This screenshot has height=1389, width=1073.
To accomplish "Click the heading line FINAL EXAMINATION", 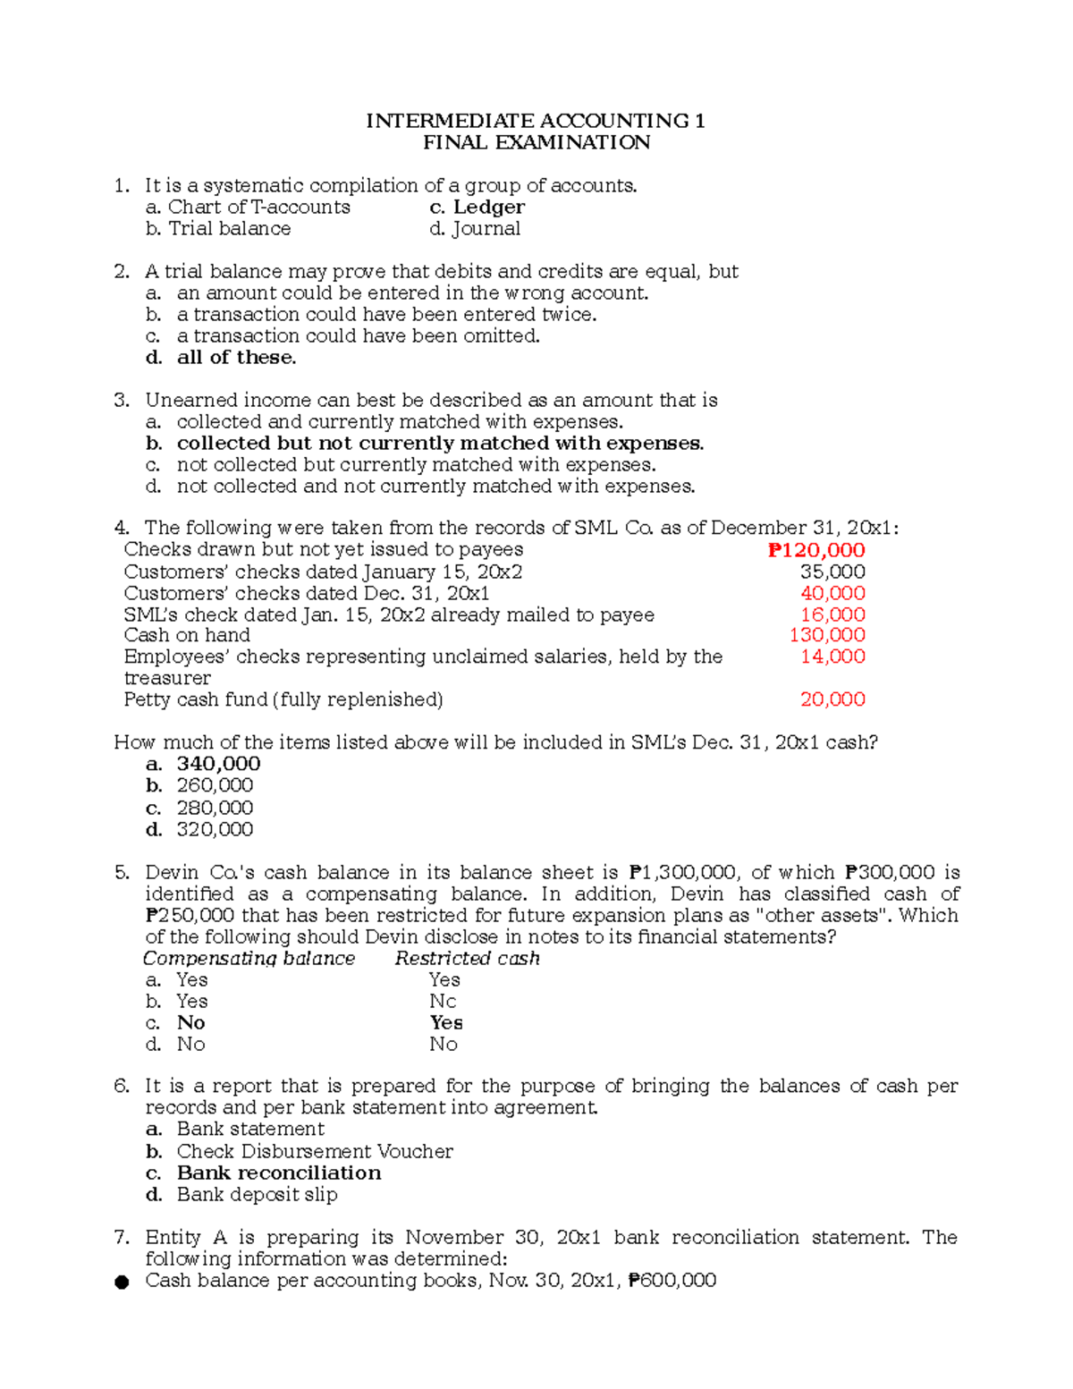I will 536,143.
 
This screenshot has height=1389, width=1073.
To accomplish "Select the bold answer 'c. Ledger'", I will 477,208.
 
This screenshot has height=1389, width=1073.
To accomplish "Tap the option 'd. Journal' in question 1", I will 474,229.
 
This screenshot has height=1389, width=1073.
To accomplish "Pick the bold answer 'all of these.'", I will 236,358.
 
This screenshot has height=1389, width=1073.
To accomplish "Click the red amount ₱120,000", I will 816,551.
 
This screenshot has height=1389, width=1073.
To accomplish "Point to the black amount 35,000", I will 832,572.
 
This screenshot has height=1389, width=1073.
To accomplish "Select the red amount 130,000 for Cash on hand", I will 827,635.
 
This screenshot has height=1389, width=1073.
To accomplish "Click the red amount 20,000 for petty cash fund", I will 832,699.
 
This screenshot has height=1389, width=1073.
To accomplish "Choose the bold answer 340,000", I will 218,764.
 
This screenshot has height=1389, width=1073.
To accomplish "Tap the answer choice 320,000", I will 215,829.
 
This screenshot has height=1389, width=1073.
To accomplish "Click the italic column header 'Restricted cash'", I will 467,959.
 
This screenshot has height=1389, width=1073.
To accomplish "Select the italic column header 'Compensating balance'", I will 249,959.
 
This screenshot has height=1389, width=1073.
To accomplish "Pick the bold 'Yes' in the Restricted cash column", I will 446,1023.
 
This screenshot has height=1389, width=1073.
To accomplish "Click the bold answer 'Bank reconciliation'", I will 278,1173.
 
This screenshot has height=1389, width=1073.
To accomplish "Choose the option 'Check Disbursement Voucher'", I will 315,1152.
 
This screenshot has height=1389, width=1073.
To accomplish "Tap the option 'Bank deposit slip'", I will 257,1195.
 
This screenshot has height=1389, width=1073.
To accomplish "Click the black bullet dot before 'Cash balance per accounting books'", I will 122,1283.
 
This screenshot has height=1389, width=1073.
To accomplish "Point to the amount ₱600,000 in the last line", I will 672,1281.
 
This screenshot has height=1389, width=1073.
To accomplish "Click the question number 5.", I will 123,873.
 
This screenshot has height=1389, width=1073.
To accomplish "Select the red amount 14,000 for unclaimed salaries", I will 832,656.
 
